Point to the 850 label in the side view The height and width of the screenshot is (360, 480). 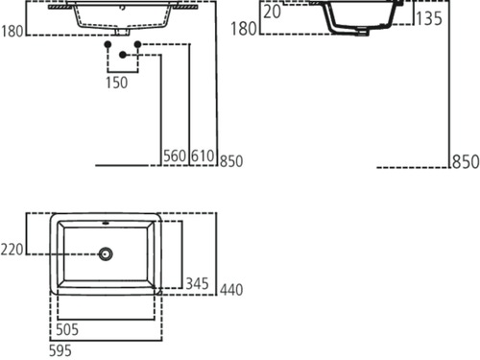tap(465, 162)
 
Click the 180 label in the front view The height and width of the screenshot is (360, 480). tap(12, 30)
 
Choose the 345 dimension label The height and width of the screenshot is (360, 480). tap(198, 284)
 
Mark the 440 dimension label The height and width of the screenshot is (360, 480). tap(231, 289)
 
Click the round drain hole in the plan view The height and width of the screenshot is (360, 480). tap(107, 253)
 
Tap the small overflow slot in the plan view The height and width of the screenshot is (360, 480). tap(107, 226)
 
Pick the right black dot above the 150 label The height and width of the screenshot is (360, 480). tap(137, 45)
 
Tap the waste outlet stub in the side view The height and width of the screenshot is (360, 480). tap(360, 36)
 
